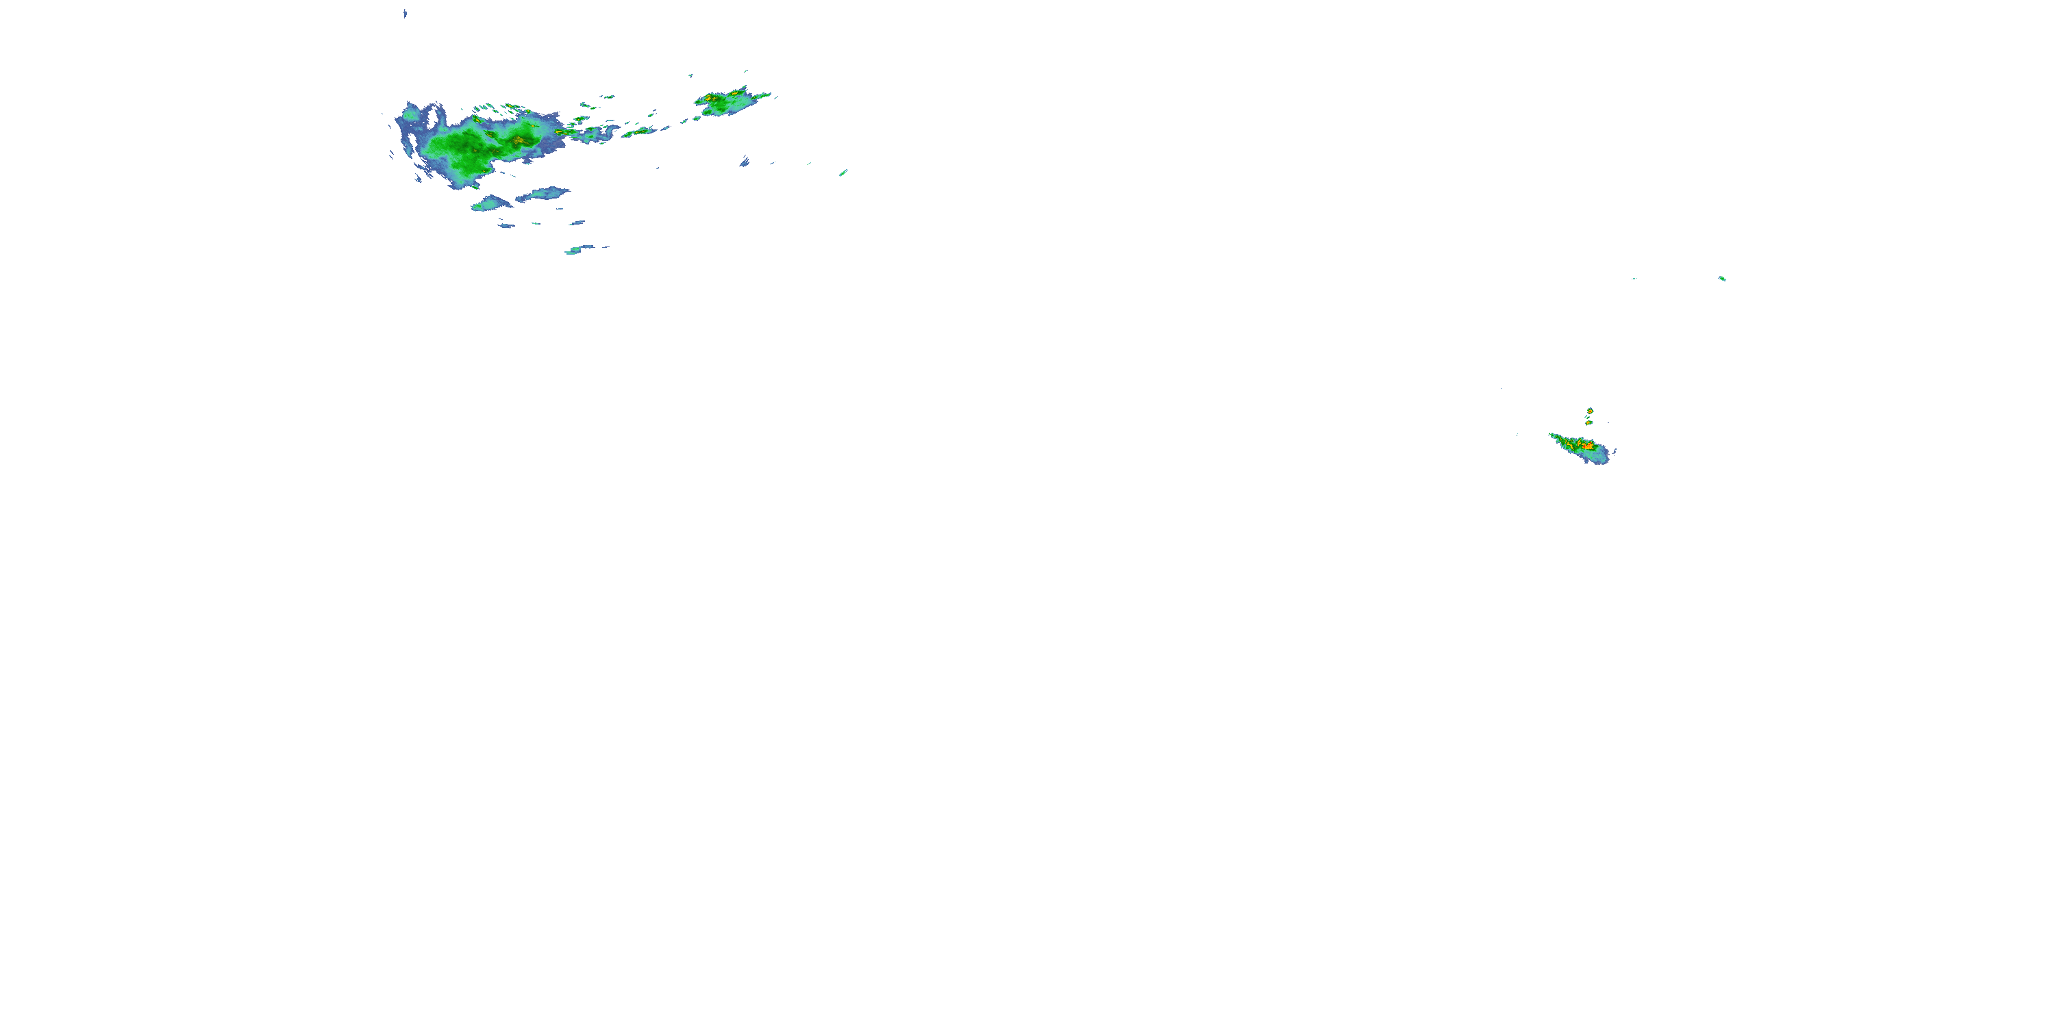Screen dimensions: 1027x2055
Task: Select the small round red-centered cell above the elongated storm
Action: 1590,411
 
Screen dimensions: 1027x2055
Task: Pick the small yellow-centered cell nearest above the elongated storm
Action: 1589,422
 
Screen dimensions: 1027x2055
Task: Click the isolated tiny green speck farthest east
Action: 1721,278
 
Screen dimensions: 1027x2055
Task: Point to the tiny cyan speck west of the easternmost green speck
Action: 1634,278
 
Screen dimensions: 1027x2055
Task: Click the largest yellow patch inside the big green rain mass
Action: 519,141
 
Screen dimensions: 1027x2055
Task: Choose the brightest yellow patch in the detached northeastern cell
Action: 708,98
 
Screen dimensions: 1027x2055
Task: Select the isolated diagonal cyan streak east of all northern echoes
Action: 843,173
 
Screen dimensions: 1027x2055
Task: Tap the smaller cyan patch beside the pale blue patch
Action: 490,203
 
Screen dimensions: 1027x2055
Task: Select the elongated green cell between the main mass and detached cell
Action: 638,131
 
